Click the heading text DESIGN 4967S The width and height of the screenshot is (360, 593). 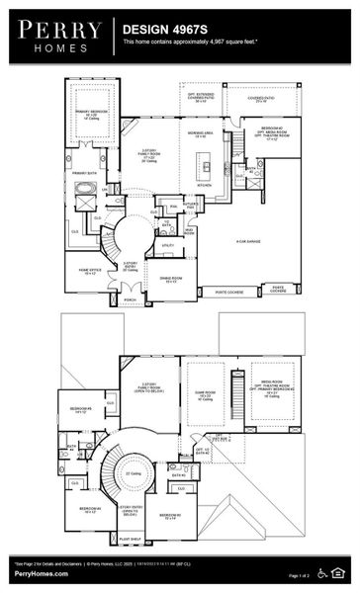pos(156,31)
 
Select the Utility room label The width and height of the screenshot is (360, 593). pos(167,245)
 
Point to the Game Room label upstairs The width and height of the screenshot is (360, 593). pos(207,396)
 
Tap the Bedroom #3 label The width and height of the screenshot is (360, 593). pos(169,515)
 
